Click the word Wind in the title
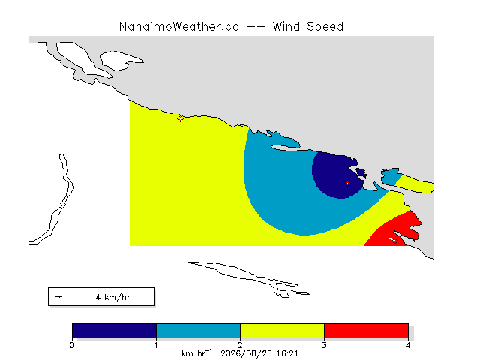pyautogui.click(x=286, y=27)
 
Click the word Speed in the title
pyautogui.click(x=325, y=27)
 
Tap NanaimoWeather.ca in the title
pyautogui.click(x=179, y=27)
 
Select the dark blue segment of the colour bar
pyautogui.click(x=114, y=331)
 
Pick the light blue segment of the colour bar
pyautogui.click(x=198, y=331)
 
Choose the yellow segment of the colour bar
pyautogui.click(x=282, y=331)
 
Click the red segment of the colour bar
pyautogui.click(x=367, y=331)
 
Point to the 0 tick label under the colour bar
pyautogui.click(x=72, y=345)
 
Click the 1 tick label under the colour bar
pyautogui.click(x=156, y=345)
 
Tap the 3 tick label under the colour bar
pyautogui.click(x=324, y=345)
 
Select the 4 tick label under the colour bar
pyautogui.click(x=408, y=345)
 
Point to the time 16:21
pyautogui.click(x=287, y=354)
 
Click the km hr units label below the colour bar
pyautogui.click(x=196, y=353)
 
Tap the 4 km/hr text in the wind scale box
pyautogui.click(x=113, y=297)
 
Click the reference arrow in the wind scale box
pyautogui.click(x=58, y=297)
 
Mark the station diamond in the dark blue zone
pyautogui.click(x=347, y=184)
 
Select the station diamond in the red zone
pyautogui.click(x=394, y=241)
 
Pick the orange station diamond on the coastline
pyautogui.click(x=180, y=118)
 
